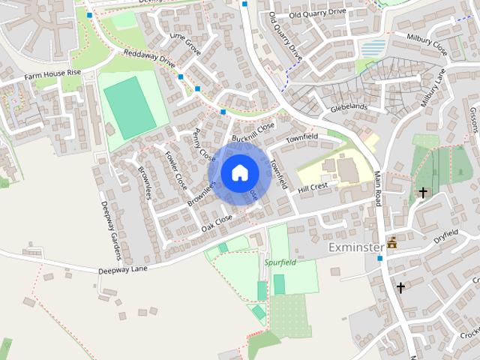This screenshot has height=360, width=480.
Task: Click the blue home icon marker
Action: pyautogui.click(x=239, y=172)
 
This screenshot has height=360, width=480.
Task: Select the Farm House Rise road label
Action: pyautogui.click(x=52, y=75)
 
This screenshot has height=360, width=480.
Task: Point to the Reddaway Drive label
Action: pyautogui.click(x=151, y=61)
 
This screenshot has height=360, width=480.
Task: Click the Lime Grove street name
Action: pyautogui.click(x=186, y=44)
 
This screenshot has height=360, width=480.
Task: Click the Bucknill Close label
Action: pyautogui.click(x=253, y=132)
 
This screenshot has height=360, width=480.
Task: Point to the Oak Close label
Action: pyautogui.click(x=218, y=220)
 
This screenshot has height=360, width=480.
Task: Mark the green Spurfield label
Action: pyautogui.click(x=280, y=262)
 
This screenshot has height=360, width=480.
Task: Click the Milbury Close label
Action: pyautogui.click(x=427, y=44)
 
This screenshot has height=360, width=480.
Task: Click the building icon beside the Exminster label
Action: pyautogui.click(x=391, y=244)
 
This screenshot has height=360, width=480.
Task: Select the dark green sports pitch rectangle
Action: pyautogui.click(x=130, y=106)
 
